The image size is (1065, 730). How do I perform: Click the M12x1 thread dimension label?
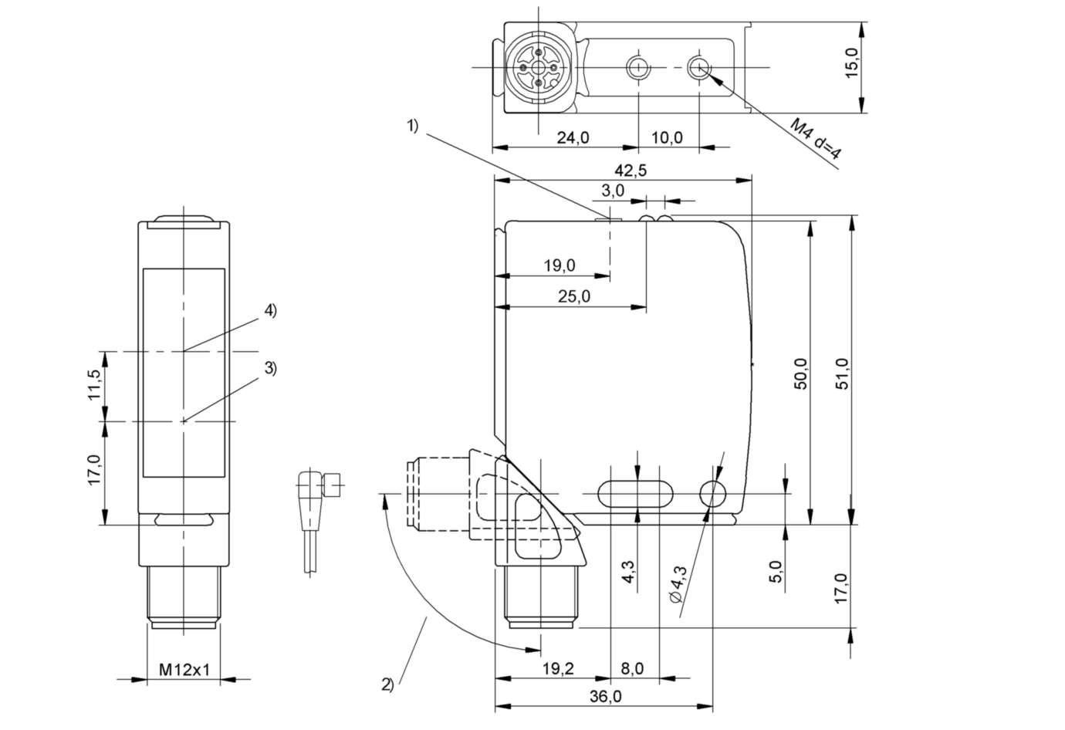coord(184,669)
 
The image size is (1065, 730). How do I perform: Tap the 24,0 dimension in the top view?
coord(573,137)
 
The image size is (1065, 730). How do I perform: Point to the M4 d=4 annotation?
coord(816,140)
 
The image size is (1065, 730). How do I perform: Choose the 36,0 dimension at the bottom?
coord(605,696)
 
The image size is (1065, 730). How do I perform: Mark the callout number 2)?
coord(387,684)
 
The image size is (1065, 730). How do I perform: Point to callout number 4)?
coord(269,310)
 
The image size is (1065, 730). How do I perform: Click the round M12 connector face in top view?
coord(538,68)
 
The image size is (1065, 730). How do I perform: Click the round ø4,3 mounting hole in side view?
coord(712,492)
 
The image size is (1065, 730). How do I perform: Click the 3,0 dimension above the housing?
coord(614,190)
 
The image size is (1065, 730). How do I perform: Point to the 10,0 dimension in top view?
coord(668,137)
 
